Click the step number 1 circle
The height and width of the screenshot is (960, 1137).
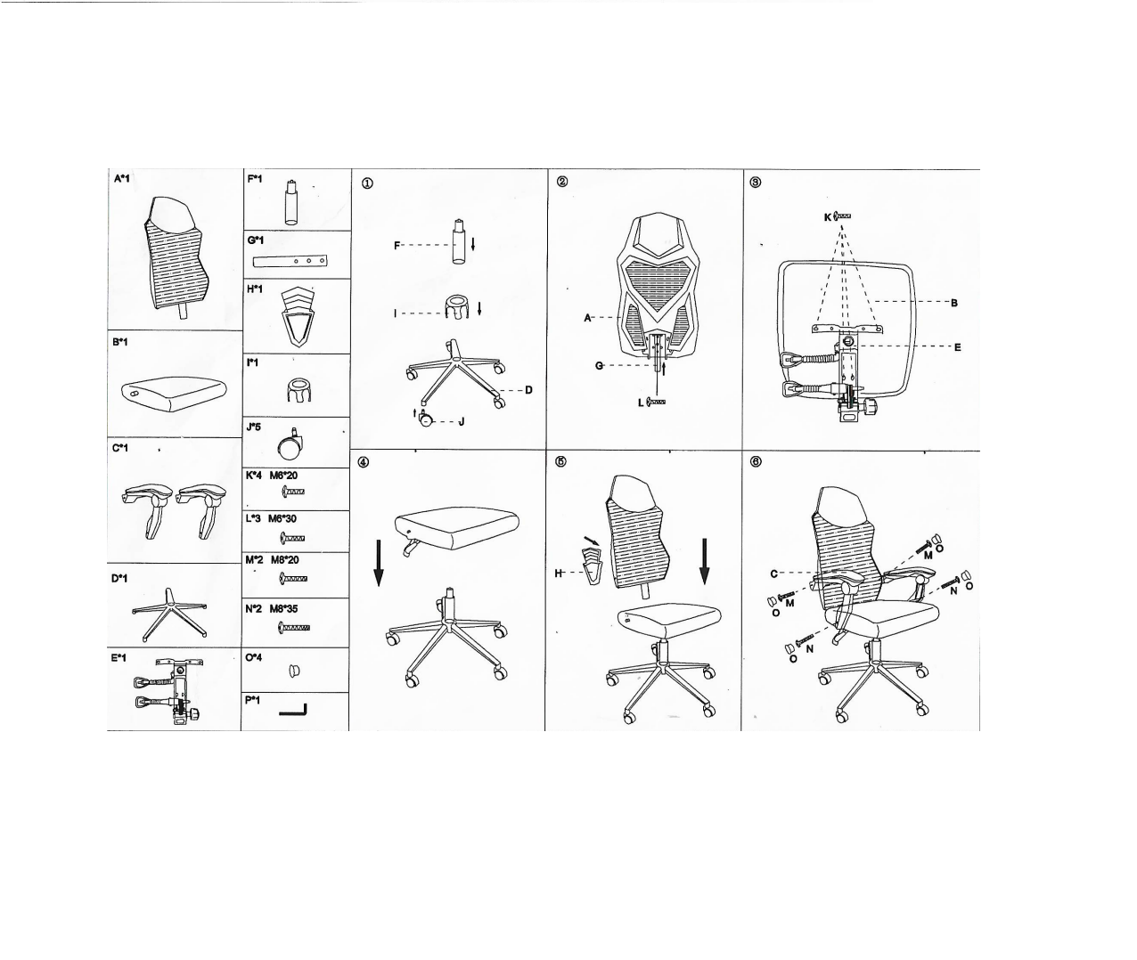pyautogui.click(x=367, y=184)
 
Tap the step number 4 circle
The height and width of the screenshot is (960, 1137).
pyautogui.click(x=364, y=462)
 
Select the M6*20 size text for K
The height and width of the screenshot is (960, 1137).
pyautogui.click(x=283, y=476)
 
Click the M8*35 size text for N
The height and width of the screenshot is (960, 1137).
pyautogui.click(x=285, y=609)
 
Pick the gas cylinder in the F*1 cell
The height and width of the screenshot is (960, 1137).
pyautogui.click(x=291, y=202)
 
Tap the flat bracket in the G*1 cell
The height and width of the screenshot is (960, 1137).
pyautogui.click(x=290, y=261)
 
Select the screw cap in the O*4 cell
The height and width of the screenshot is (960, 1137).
pyautogui.click(x=294, y=671)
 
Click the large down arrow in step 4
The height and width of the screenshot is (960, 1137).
pyautogui.click(x=379, y=562)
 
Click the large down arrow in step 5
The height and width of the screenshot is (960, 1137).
pyautogui.click(x=705, y=561)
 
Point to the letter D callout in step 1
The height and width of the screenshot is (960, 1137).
pyautogui.click(x=528, y=390)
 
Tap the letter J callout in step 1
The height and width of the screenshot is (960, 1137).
pyautogui.click(x=462, y=422)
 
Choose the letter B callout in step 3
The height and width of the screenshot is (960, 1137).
pyautogui.click(x=954, y=303)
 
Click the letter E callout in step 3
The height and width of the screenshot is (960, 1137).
pyautogui.click(x=958, y=347)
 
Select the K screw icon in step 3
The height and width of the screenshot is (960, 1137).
pyautogui.click(x=842, y=216)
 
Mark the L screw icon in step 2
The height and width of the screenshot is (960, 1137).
pyautogui.click(x=656, y=403)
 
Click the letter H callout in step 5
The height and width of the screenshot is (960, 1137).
pyautogui.click(x=558, y=574)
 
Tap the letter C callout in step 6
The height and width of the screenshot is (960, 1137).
pyautogui.click(x=774, y=574)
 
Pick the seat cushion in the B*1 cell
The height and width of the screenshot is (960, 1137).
pyautogui.click(x=173, y=394)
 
